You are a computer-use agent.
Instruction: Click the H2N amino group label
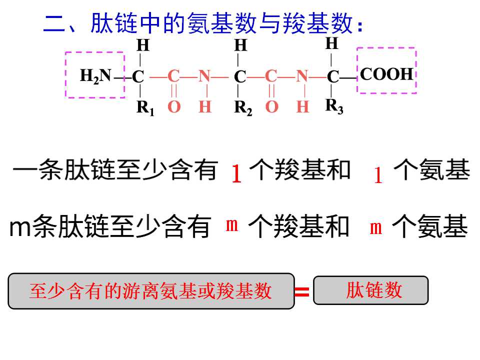pyautogui.click(x=95, y=75)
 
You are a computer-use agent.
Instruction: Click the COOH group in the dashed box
pyautogui.click(x=386, y=74)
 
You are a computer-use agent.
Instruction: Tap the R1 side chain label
pyautogui.click(x=145, y=108)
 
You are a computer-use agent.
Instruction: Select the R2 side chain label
pyautogui.click(x=243, y=108)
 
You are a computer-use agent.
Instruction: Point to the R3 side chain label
pyautogui.click(x=334, y=106)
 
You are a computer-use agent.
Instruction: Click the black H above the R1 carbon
pyautogui.click(x=143, y=45)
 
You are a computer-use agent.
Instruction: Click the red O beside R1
pyautogui.click(x=174, y=107)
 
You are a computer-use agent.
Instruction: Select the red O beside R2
pyautogui.click(x=272, y=107)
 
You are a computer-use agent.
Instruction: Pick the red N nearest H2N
pyautogui.click(x=205, y=76)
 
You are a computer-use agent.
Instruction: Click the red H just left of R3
pyautogui.click(x=302, y=107)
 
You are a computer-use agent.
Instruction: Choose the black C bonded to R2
pyautogui.click(x=240, y=76)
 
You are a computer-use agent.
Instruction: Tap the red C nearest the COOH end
pyautogui.click(x=271, y=76)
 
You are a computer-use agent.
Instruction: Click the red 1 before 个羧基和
pyautogui.click(x=236, y=173)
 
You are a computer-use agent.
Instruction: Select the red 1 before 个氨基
pyautogui.click(x=378, y=175)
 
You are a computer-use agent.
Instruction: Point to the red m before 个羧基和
pyautogui.click(x=231, y=225)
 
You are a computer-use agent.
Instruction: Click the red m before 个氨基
pyautogui.click(x=375, y=228)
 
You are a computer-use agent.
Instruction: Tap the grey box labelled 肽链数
pyautogui.click(x=370, y=290)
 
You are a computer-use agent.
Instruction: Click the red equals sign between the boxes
pyautogui.click(x=302, y=291)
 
